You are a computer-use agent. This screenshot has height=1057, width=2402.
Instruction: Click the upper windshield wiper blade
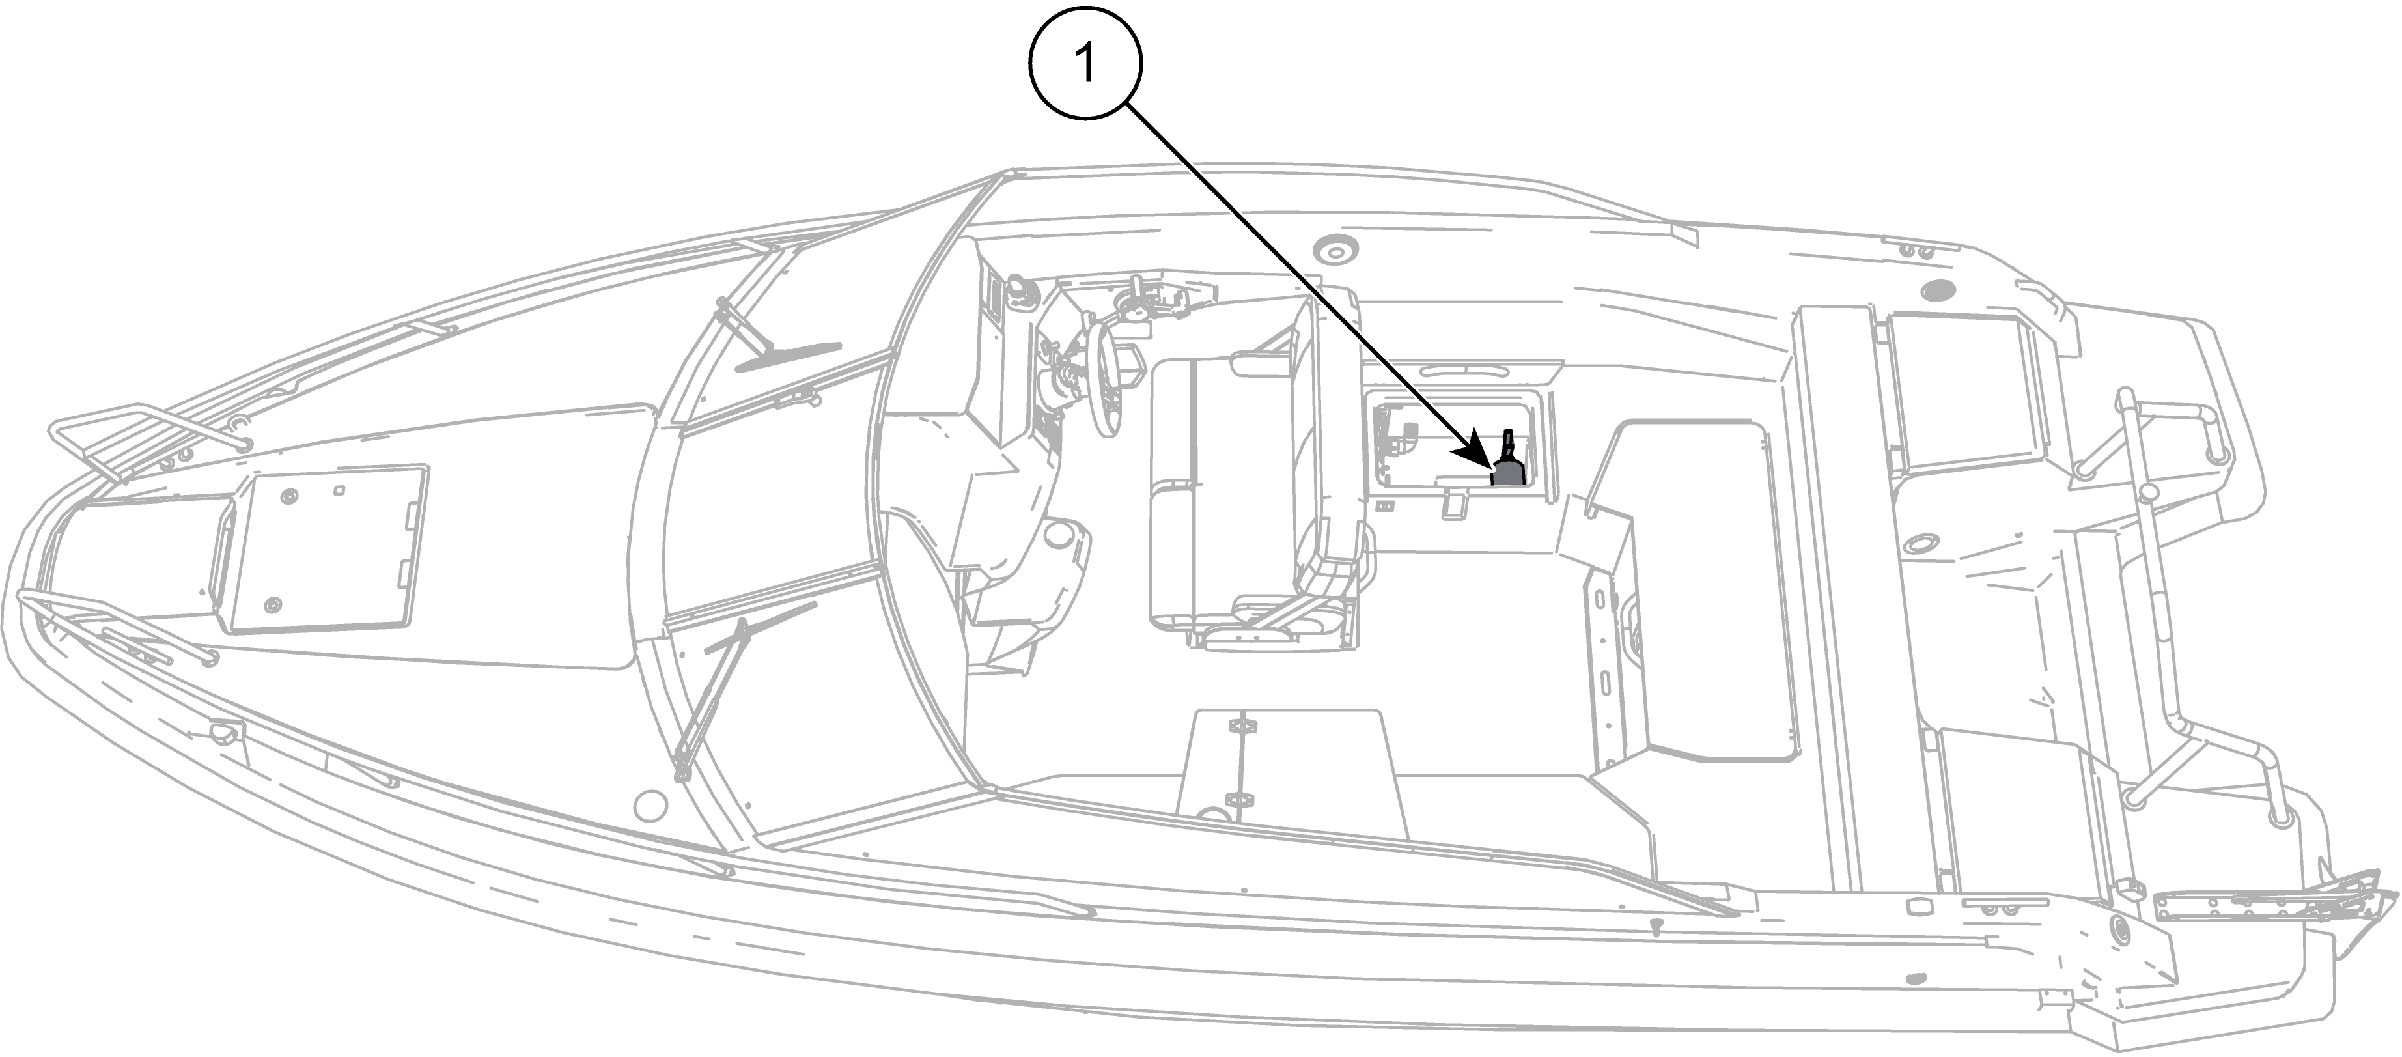pyautogui.click(x=788, y=354)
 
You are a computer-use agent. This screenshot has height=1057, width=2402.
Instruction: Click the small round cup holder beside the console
pyautogui.click(x=1059, y=535)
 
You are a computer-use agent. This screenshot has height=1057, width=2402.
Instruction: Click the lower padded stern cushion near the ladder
pyautogui.click(x=2024, y=821)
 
